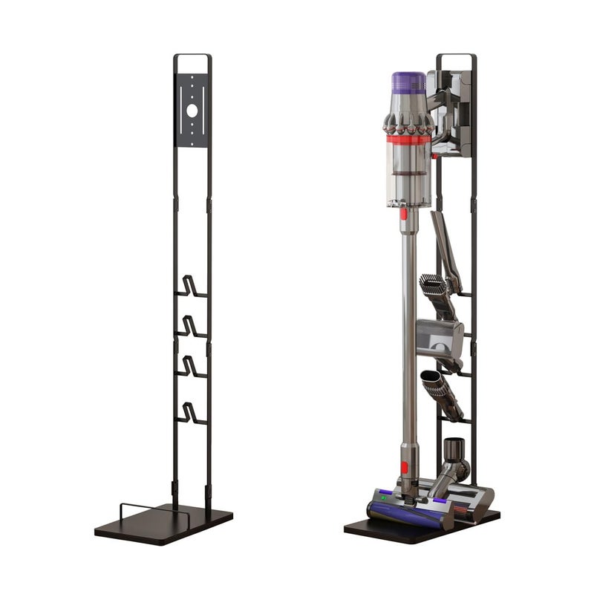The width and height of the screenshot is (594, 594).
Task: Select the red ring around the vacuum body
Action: tap(408, 140)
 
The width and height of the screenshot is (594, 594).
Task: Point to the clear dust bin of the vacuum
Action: tap(408, 178)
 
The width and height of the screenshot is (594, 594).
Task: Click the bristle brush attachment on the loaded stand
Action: tap(433, 287)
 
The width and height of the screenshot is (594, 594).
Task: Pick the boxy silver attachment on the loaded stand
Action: tap(440, 338)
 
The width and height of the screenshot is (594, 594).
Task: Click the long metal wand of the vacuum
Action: tap(408, 334)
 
